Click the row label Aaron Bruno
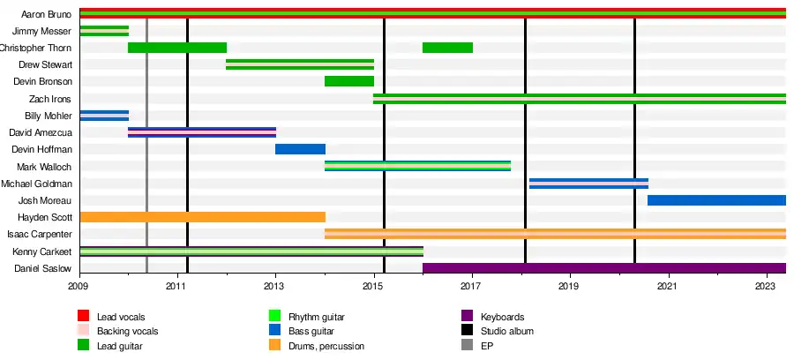coord(46,14)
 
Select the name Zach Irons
coord(52,99)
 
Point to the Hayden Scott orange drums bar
coord(202,217)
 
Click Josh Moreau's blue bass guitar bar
coord(716,200)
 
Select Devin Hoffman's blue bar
coord(300,149)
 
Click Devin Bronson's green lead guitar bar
coord(349,81)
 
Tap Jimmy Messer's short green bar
coord(104,31)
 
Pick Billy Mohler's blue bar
coord(104,116)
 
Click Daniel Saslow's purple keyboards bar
coord(604,268)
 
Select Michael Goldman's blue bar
coord(588,184)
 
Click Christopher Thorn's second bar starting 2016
coord(447,48)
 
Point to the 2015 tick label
coord(374,287)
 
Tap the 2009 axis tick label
coord(79,287)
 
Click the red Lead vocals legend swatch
coord(84,316)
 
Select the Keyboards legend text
coord(503,317)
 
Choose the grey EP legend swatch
coord(467,346)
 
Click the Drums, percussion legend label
coord(327,346)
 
